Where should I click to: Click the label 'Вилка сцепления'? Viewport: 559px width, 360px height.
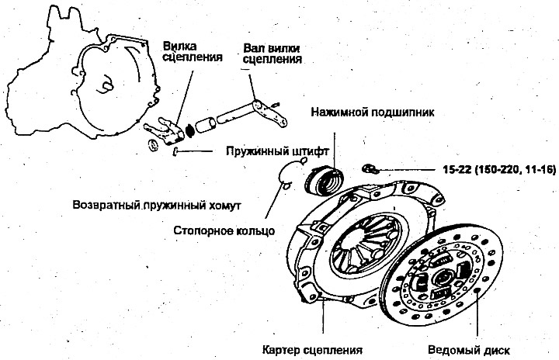193,52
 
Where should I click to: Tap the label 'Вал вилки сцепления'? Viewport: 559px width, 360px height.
273,54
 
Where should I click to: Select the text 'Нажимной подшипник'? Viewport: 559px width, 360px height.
373,112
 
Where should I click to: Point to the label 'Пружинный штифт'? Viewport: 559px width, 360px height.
277,151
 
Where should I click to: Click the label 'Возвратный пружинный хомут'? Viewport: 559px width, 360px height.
157,206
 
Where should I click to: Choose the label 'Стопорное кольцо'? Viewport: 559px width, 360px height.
224,230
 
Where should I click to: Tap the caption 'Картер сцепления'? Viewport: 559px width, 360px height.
312,350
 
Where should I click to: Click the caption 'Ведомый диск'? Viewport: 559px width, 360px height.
469,350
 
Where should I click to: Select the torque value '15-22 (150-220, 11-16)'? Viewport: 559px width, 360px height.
499,170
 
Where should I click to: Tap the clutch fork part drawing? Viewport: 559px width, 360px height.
165,131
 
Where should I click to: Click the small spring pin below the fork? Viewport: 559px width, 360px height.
175,151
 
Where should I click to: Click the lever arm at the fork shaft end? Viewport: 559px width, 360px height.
270,113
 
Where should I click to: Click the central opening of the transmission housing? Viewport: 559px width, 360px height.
106,85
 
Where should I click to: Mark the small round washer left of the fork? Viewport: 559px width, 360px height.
153,145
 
